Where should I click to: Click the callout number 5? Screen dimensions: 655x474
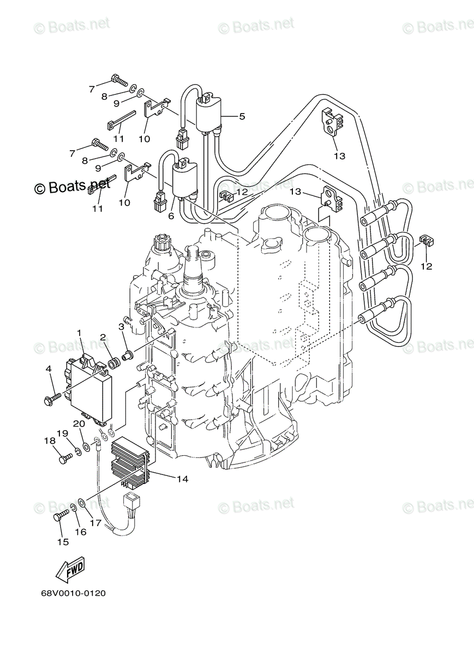coord(242,116)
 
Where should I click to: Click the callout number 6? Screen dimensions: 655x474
coord(171,216)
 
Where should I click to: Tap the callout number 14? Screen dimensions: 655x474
coord(182,479)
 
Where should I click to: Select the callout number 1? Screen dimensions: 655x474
coord(79,332)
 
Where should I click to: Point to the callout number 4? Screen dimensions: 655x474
coord(49,370)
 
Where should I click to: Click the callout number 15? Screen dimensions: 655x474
coord(63,541)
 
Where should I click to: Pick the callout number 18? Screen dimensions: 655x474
coord(50,440)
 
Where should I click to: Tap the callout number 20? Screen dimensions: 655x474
coord(79,423)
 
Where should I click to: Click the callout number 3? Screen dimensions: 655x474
coord(122,326)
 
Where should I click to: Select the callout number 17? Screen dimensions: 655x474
coord(95,522)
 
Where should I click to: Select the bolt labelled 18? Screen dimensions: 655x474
coord(65,458)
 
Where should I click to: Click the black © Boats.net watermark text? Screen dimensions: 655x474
coord(72,187)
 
